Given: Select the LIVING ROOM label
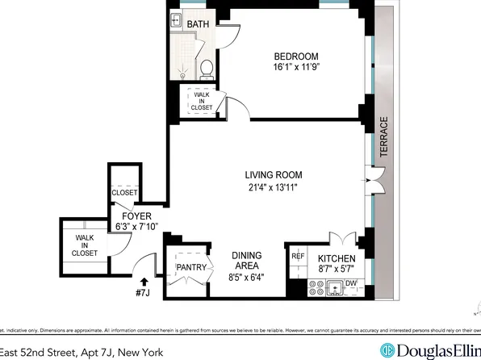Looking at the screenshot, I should click(274, 174).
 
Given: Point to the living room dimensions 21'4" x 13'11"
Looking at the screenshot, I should click(274, 187).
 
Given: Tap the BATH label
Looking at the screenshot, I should click(199, 24).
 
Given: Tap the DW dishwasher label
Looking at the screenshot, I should click(351, 284).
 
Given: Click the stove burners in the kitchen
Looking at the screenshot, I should click(313, 284).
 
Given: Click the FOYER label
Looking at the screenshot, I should click(132, 216).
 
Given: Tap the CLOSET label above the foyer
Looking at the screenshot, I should click(123, 193).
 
